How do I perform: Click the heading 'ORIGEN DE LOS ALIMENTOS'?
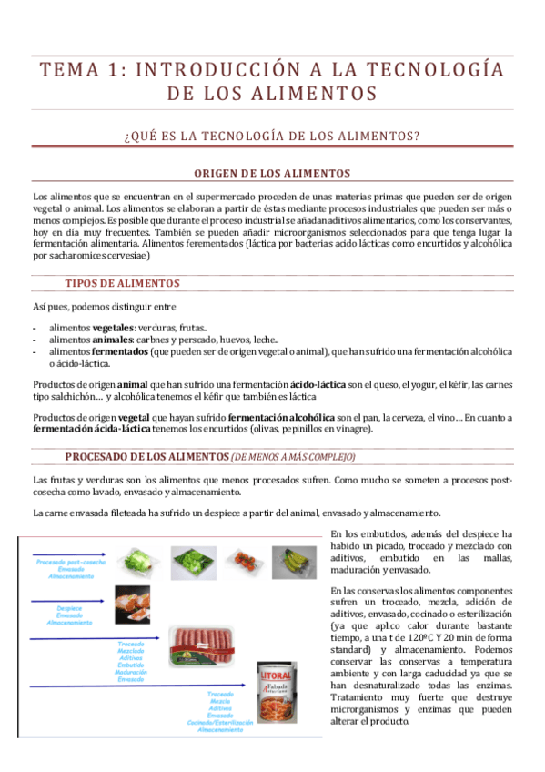272,173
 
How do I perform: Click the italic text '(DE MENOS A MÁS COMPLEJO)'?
294,457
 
